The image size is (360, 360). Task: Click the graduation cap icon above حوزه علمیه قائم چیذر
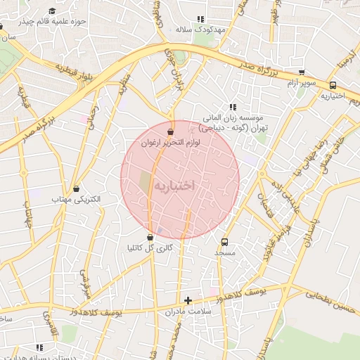click(x=52, y=11)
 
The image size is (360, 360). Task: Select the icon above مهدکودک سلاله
click(x=200, y=20)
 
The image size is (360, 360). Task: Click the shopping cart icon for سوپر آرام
click(x=302, y=72)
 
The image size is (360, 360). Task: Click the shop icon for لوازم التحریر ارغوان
click(x=170, y=131)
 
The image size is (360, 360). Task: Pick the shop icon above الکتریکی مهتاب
click(x=76, y=188)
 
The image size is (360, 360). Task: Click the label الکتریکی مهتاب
click(x=77, y=200)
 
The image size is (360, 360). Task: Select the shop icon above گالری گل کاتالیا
click(x=150, y=238)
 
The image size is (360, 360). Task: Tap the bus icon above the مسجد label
click(x=225, y=240)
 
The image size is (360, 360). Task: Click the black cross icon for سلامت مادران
click(x=188, y=300)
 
